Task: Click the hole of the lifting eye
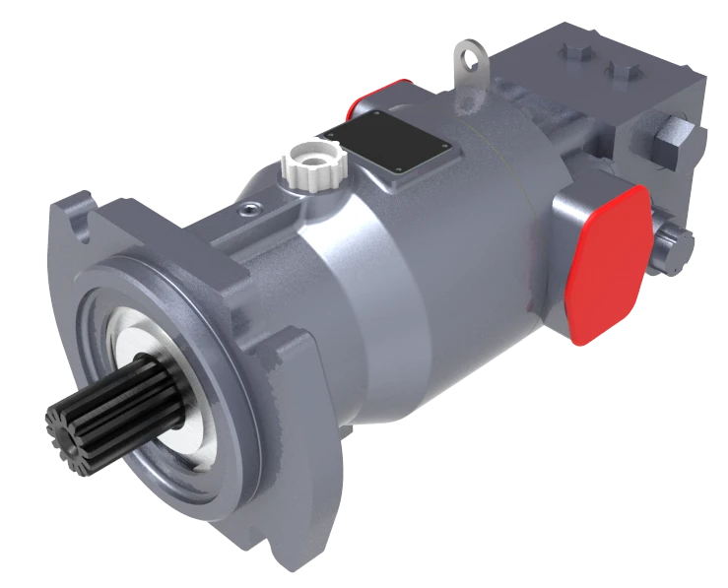(475, 65)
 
